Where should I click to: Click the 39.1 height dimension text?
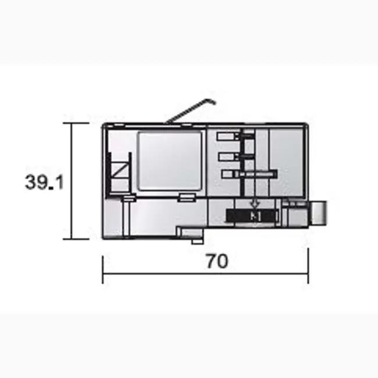coord(44,182)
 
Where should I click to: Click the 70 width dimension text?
coord(216,262)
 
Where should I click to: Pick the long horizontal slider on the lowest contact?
coord(255,174)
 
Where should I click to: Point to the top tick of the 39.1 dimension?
coord(72,123)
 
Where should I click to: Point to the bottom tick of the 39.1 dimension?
coord(72,238)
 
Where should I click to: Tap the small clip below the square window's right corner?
coord(187,198)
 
